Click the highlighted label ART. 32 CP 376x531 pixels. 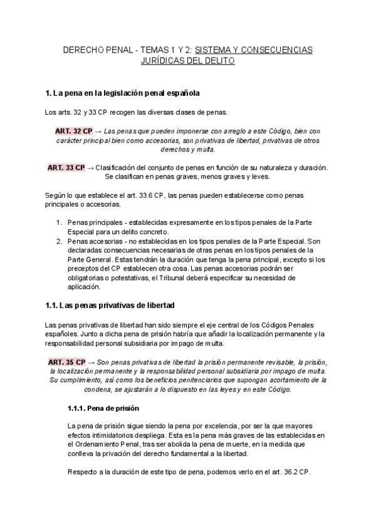pyautogui.click(x=74, y=131)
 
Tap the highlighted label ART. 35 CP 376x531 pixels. pyautogui.click(x=66, y=363)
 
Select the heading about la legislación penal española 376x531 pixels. pyautogui.click(x=123, y=93)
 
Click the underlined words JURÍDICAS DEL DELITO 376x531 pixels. pyautogui.click(x=188, y=61)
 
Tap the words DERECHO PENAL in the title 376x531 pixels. pyautogui.click(x=92, y=49)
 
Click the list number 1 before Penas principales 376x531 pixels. pyautogui.click(x=58, y=222)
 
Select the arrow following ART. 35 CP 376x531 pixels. pyautogui.click(x=91, y=363)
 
